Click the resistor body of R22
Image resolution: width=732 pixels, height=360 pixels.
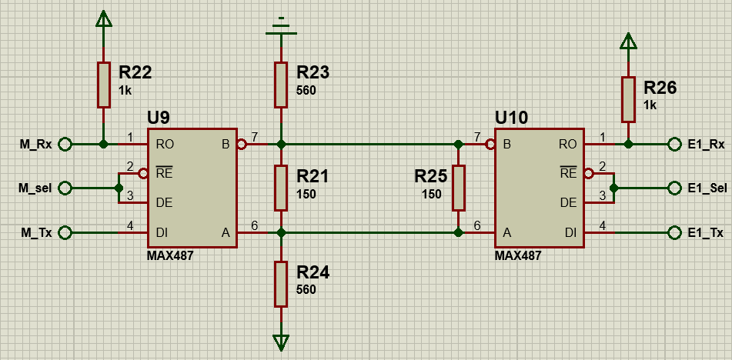tap(104, 85)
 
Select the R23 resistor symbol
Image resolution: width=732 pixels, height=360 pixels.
tap(281, 85)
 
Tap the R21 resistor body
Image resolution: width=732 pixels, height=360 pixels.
tap(281, 188)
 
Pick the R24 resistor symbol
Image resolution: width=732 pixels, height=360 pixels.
tap(281, 284)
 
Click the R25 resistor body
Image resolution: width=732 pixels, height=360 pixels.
tap(459, 188)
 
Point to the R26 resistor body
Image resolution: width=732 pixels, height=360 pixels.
tap(628, 100)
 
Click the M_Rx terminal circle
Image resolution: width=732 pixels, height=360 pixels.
tap(65, 144)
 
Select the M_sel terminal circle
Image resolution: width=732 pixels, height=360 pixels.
tap(65, 188)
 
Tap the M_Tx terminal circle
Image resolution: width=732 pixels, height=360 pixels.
tap(65, 232)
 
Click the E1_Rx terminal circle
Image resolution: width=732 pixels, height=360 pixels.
tap(674, 144)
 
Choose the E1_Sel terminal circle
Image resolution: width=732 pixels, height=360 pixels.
tap(674, 188)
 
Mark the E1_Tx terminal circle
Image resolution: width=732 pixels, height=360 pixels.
tap(674, 232)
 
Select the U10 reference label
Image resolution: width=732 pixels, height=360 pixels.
tap(511, 118)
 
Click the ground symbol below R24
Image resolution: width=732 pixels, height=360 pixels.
tap(281, 342)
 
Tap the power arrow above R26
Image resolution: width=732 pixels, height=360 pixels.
tap(628, 41)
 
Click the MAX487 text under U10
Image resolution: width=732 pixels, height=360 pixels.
tap(518, 255)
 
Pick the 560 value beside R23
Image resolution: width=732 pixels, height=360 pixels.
tap(306, 91)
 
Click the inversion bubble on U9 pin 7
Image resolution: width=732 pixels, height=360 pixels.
tap(241, 145)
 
